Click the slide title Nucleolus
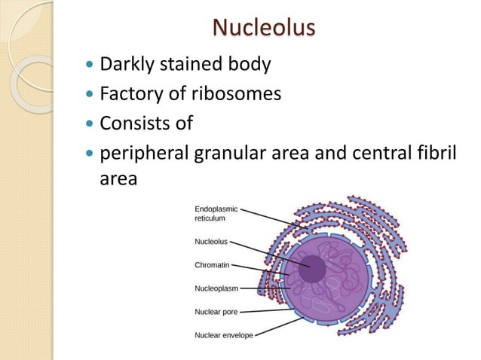263,28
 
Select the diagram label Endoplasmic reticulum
216,212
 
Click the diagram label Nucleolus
211,243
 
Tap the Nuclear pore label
217,311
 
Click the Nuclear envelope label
224,334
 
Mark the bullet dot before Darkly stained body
92,65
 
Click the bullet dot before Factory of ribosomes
92,93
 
